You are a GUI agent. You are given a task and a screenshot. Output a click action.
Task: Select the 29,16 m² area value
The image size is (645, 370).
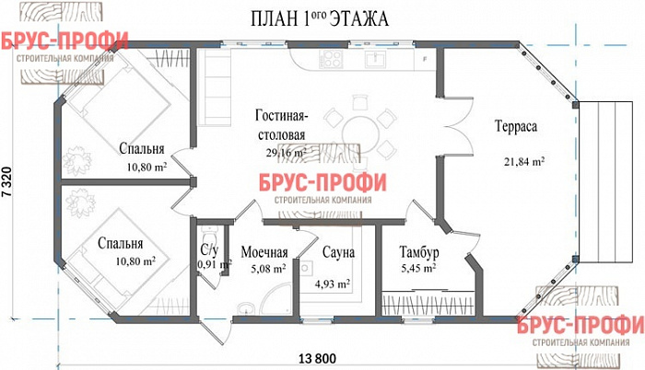[286, 153]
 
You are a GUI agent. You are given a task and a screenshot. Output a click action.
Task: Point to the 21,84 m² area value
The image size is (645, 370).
[523, 161]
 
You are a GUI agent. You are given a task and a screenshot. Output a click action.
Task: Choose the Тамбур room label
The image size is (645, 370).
[419, 252]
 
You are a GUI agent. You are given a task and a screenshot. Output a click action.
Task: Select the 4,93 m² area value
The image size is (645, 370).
[332, 284]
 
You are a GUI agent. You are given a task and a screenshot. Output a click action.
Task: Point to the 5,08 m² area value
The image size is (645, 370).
[265, 269]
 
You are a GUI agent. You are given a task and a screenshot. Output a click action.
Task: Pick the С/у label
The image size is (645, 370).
[208, 249]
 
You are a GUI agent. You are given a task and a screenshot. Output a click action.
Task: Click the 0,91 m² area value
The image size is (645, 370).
[211, 264]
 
